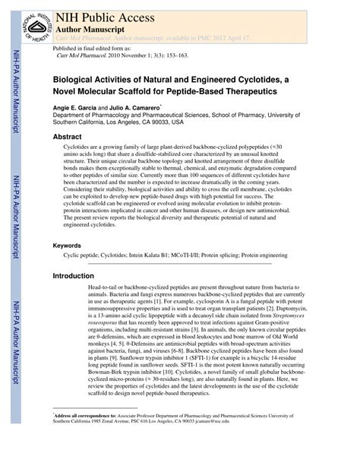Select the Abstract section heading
pos(67,137)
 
